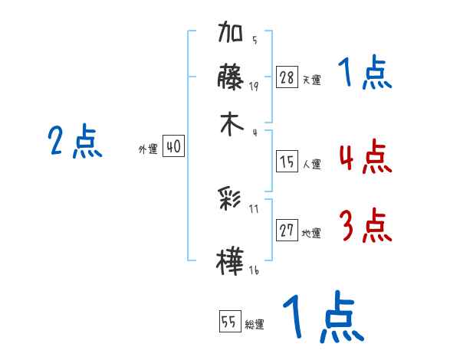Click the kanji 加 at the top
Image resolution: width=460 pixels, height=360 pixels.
point(231,35)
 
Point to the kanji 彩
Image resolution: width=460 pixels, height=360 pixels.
point(231,201)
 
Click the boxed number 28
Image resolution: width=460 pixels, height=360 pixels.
point(287,77)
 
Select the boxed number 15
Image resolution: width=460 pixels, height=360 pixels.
point(287,162)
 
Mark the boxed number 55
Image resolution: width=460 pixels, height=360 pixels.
point(228,322)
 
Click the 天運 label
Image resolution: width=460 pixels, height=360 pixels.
point(311,79)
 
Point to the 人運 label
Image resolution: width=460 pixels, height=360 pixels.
point(311,164)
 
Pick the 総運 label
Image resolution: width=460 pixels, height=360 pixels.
point(255,324)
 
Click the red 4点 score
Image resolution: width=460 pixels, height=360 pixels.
point(364,158)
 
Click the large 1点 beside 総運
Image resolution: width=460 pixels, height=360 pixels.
point(322,318)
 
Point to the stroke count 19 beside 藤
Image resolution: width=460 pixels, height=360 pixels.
point(254,86)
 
